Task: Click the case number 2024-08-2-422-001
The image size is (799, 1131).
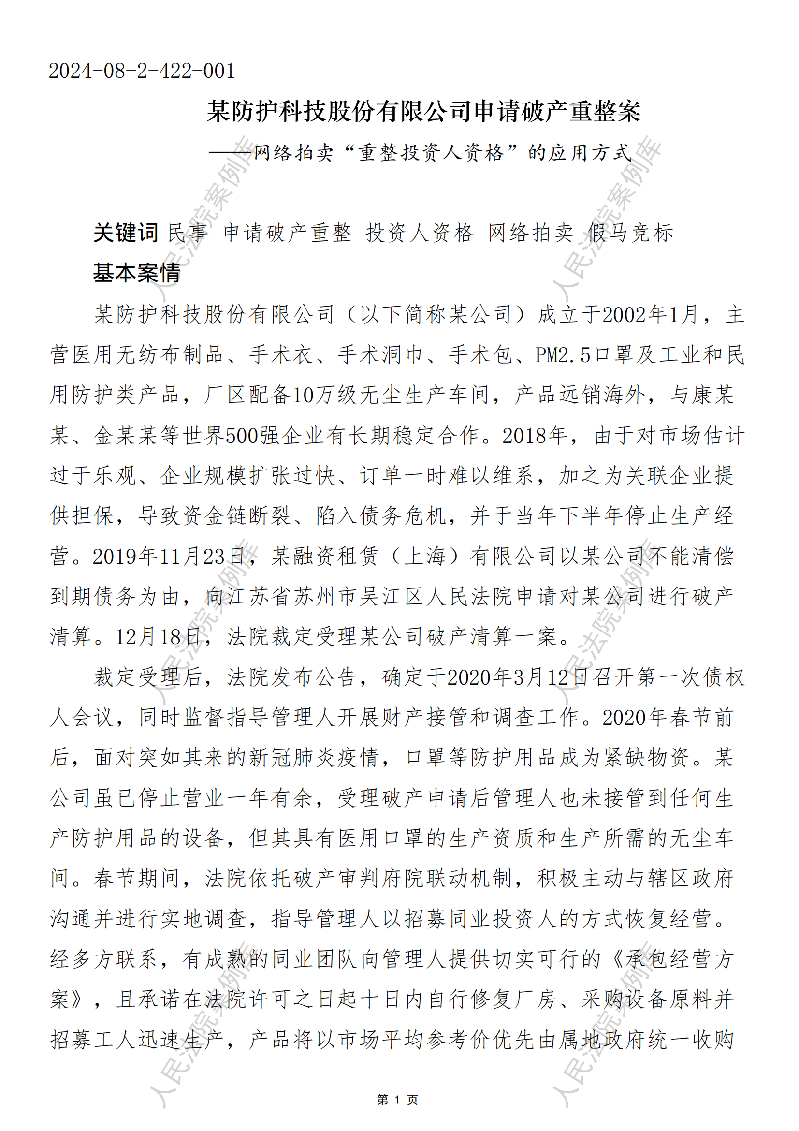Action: click(x=141, y=71)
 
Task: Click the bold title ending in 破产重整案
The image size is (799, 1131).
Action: click(x=423, y=111)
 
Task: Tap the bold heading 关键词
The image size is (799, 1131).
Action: click(x=126, y=233)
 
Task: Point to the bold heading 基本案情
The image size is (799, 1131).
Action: click(x=136, y=272)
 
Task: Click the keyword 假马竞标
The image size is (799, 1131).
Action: click(x=630, y=233)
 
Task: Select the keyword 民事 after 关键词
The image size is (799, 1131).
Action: click(x=188, y=233)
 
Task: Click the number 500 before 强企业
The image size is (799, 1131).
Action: click(x=242, y=436)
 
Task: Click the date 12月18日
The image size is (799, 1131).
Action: click(x=158, y=637)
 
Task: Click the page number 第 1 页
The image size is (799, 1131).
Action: click(x=397, y=1100)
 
